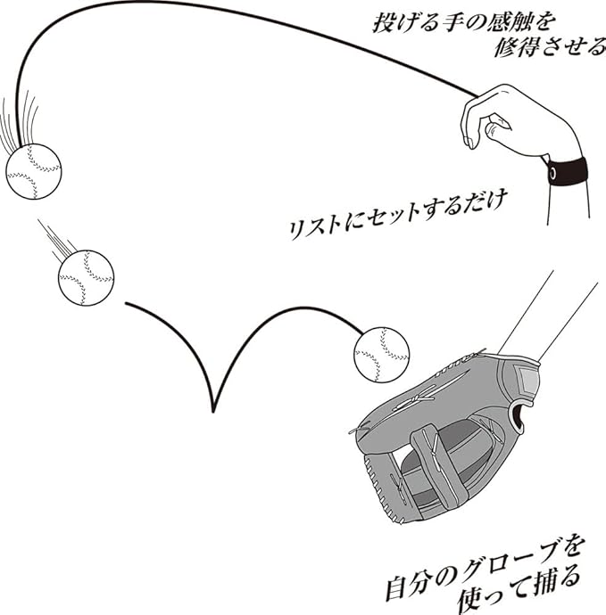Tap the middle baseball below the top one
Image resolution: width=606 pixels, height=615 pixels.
(x=87, y=276)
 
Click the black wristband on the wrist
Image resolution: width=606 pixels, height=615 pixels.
(x=567, y=175)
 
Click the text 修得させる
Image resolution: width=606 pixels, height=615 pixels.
(x=549, y=46)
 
